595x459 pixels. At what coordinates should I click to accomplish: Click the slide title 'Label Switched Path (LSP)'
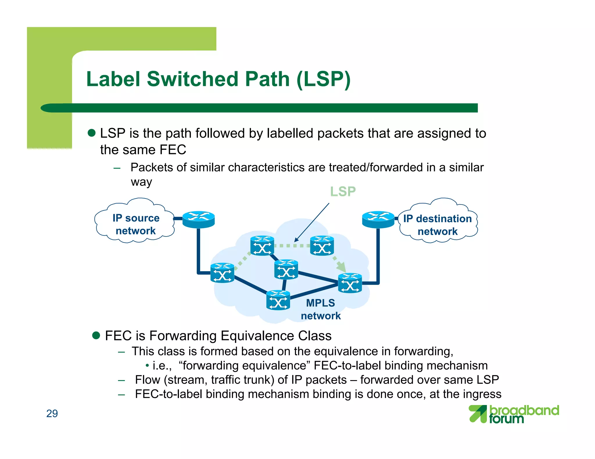[218, 79]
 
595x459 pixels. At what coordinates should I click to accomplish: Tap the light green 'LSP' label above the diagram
[343, 191]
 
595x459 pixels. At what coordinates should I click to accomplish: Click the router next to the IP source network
[198, 219]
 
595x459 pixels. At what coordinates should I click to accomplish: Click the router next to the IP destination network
[378, 219]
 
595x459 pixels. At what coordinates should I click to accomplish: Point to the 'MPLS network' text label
[320, 309]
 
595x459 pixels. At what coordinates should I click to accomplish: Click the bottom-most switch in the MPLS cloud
[278, 300]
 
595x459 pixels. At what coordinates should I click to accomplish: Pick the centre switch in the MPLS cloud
[286, 269]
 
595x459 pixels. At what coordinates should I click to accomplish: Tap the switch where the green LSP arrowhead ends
[350, 283]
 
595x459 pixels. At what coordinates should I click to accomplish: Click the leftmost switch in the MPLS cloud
[222, 273]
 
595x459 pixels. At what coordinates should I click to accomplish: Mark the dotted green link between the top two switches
[292, 246]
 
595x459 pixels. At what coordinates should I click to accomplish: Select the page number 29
[52, 413]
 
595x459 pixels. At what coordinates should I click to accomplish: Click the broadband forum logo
[514, 414]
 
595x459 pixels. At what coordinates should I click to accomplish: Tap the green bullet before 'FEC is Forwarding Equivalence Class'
[96, 336]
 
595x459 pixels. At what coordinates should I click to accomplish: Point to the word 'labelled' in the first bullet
[290, 133]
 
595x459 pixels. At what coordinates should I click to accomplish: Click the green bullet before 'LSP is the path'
[92, 133]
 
